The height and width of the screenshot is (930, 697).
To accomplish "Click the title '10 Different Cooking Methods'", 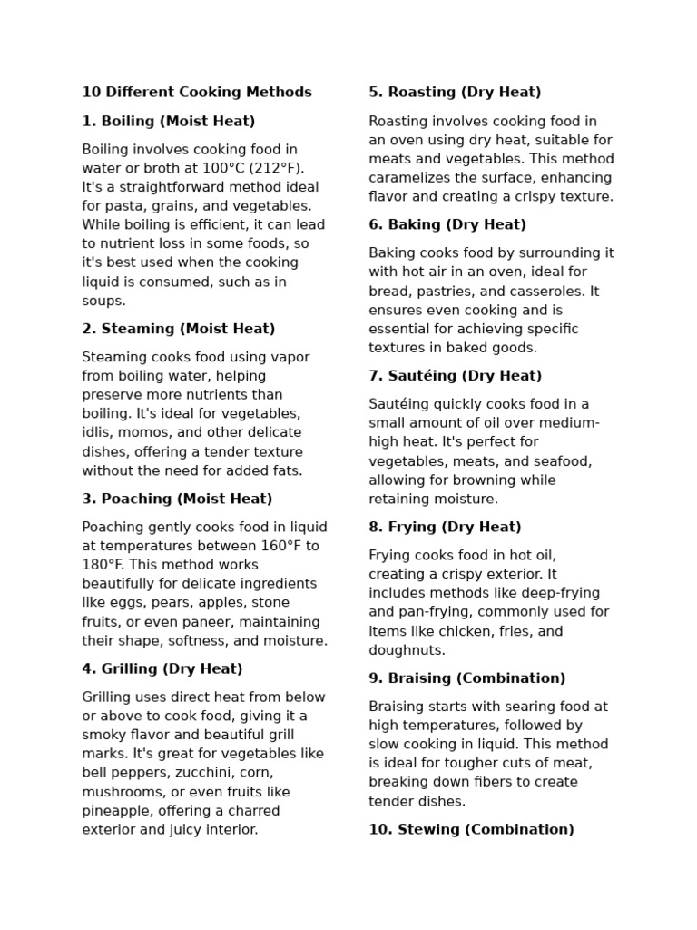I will (197, 93).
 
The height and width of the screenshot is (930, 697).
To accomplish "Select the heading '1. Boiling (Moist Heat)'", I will (169, 121).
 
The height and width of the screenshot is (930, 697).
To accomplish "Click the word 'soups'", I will (103, 301).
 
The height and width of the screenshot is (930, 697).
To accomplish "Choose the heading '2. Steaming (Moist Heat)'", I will (179, 329).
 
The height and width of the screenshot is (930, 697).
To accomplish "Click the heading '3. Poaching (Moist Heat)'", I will (177, 499).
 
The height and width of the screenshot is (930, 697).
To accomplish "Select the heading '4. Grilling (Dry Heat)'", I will (162, 669).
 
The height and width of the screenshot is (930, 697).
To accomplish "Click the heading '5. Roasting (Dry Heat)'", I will (455, 93).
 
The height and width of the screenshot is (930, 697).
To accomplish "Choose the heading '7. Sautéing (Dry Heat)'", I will (455, 376).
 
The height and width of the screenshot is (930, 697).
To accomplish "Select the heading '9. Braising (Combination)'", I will (466, 678).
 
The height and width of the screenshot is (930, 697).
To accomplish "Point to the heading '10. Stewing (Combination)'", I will (471, 830).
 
